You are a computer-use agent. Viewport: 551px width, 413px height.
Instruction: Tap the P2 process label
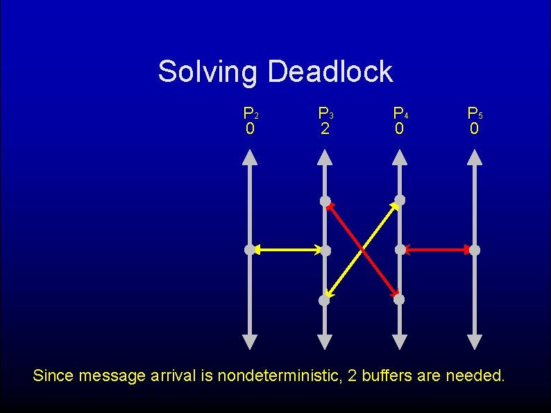click(251, 112)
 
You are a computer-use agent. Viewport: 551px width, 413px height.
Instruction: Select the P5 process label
click(475, 112)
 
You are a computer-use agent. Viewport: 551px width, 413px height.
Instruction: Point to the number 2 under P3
click(324, 129)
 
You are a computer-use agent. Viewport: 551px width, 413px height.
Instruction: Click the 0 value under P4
click(399, 129)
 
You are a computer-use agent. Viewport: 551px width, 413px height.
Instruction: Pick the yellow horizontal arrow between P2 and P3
click(287, 249)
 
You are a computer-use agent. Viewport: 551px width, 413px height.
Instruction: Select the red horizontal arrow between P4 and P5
click(437, 249)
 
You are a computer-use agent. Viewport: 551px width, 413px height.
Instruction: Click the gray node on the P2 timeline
click(250, 249)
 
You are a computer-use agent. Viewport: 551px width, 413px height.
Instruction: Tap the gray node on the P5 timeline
click(475, 249)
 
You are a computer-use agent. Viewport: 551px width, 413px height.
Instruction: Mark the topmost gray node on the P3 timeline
click(325, 201)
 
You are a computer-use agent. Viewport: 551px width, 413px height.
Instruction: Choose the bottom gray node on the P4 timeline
click(399, 300)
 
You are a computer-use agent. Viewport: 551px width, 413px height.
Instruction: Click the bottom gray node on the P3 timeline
click(324, 300)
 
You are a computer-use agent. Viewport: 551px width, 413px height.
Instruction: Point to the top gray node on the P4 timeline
click(400, 201)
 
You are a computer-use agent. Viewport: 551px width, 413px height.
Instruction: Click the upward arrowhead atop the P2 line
click(250, 158)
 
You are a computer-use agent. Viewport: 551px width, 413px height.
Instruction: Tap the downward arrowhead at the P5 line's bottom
click(475, 342)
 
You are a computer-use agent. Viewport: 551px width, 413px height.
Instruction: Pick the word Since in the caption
click(53, 377)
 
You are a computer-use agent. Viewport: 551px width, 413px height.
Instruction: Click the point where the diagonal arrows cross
click(362, 250)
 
